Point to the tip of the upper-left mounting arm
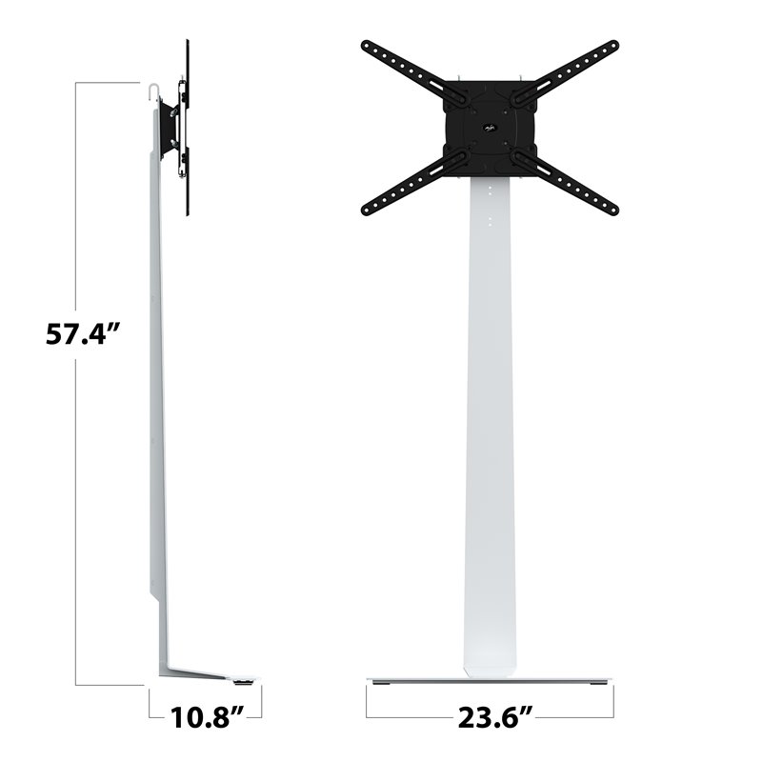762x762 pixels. click(367, 46)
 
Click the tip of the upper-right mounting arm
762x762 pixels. click(613, 46)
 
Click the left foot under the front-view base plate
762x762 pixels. click(382, 683)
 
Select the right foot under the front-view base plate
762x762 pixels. click(598, 683)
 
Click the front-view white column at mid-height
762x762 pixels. click(490, 429)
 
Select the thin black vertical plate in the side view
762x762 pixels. click(187, 124)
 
